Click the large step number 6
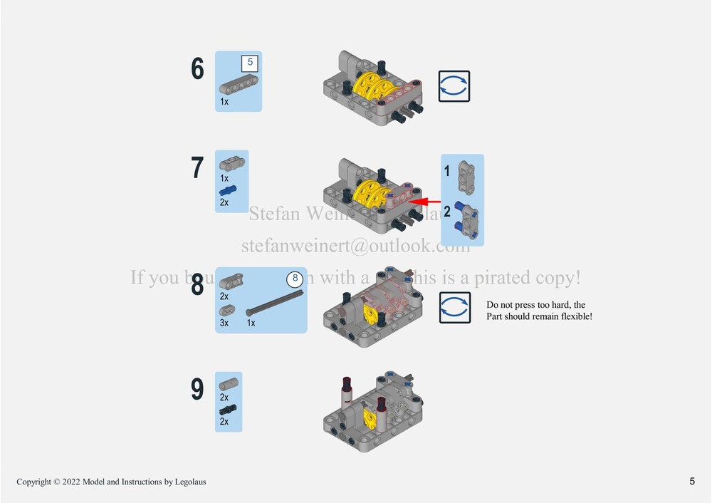tap(197, 69)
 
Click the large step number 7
tap(197, 168)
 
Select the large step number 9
tap(197, 390)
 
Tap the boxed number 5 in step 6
tap(249, 63)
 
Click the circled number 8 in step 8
tap(293, 279)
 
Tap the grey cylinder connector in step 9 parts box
tap(229, 385)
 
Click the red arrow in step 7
tap(426, 202)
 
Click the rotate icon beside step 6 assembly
tap(454, 86)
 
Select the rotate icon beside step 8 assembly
tap(454, 307)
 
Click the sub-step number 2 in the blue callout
tap(447, 212)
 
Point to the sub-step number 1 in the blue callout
tap(447, 171)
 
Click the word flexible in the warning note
tap(574, 316)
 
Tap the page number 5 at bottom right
tap(692, 481)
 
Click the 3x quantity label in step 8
tap(224, 323)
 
